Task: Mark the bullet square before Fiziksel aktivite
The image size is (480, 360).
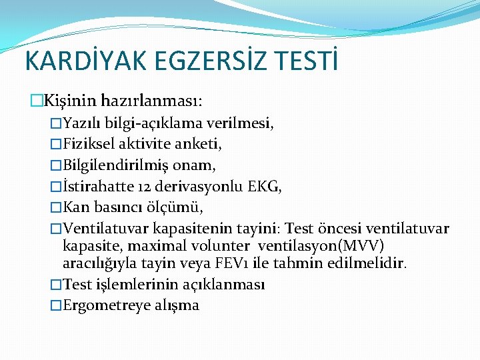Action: [x=56, y=144]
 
